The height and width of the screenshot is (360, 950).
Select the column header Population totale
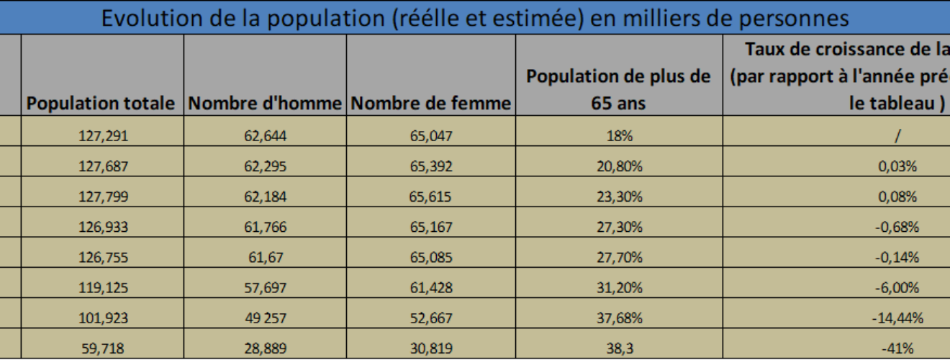click(103, 104)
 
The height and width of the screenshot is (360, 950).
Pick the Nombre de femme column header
click(430, 104)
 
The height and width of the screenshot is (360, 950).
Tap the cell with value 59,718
click(103, 349)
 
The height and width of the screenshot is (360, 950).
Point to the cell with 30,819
click(430, 349)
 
